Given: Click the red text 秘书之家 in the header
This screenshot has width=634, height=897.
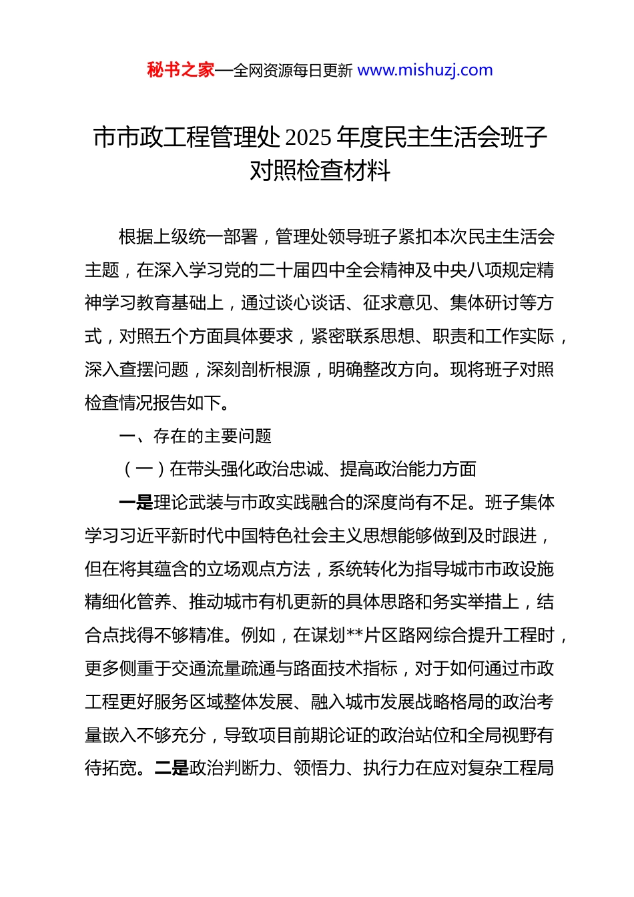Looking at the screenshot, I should (x=181, y=70).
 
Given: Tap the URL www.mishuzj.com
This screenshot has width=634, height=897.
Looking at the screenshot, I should (x=425, y=70).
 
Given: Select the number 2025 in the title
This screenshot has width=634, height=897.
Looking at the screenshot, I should (x=308, y=137).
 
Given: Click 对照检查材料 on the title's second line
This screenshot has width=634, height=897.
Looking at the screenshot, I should (x=320, y=171).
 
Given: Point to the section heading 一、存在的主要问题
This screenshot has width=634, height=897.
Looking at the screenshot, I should (x=195, y=436).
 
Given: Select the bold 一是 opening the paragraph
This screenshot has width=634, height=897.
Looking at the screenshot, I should (x=136, y=503).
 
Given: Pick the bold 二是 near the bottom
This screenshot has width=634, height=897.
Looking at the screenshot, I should (x=172, y=768).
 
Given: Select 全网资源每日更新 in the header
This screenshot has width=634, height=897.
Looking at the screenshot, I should (x=293, y=71).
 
